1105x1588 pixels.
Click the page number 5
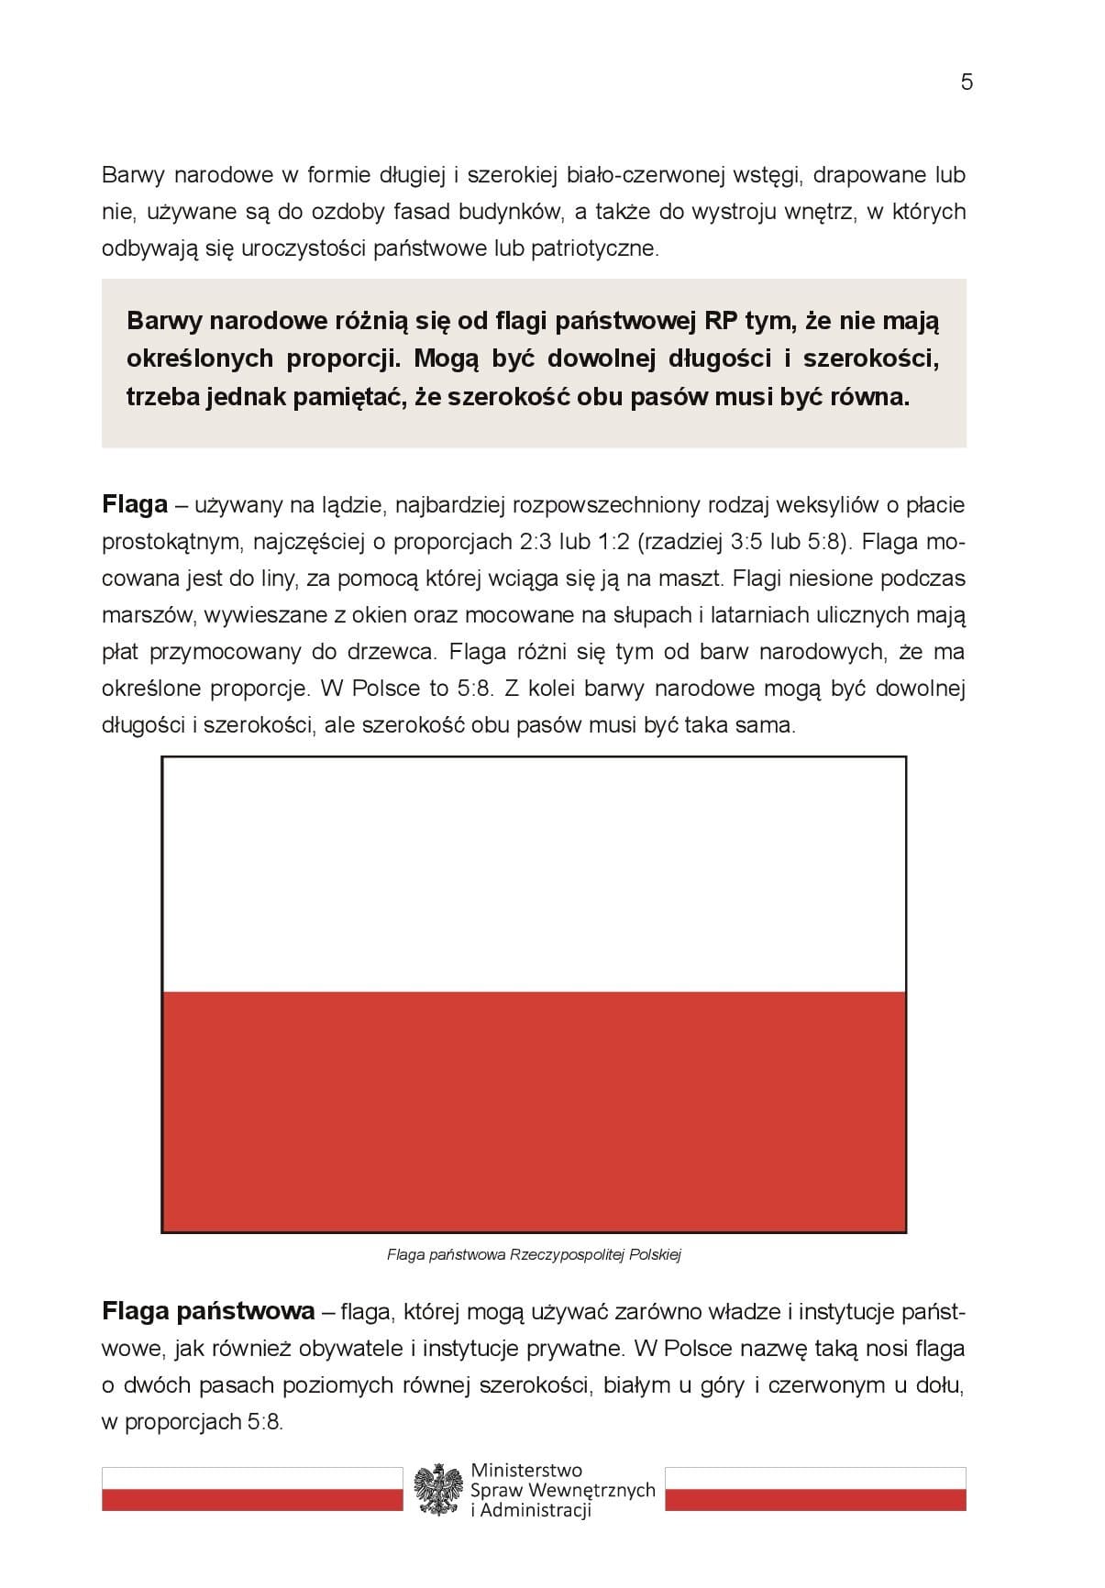point(967,83)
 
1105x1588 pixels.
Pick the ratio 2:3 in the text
point(541,542)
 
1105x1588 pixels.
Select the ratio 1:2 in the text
point(613,542)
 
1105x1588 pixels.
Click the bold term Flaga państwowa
point(208,1312)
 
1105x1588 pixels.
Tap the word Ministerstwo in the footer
point(525,1471)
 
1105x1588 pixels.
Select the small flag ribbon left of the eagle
point(252,1488)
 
